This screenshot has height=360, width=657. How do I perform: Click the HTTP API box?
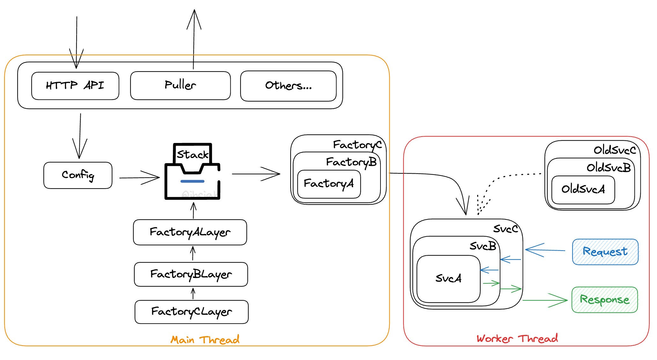75,86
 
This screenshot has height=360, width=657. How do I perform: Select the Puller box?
180,86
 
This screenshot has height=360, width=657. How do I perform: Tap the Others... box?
288,86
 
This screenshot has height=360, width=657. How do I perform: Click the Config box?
78,175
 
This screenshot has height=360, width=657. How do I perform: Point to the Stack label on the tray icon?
192,154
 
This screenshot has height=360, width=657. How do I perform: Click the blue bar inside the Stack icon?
192,181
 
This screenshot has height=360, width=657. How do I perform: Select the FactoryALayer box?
190,232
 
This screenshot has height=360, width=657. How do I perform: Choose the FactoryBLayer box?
191,274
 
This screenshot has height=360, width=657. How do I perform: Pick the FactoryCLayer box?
191,312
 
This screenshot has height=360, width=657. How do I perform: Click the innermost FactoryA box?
328,184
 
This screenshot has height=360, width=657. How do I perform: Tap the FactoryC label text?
357,145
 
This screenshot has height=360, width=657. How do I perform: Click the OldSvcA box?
583,189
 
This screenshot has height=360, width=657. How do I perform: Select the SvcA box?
448,279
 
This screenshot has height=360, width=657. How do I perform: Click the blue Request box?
605,252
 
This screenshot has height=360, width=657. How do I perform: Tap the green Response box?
604,300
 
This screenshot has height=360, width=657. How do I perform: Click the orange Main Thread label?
205,340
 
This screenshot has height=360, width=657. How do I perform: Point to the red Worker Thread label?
517,339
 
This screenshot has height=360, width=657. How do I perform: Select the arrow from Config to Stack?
139,177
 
